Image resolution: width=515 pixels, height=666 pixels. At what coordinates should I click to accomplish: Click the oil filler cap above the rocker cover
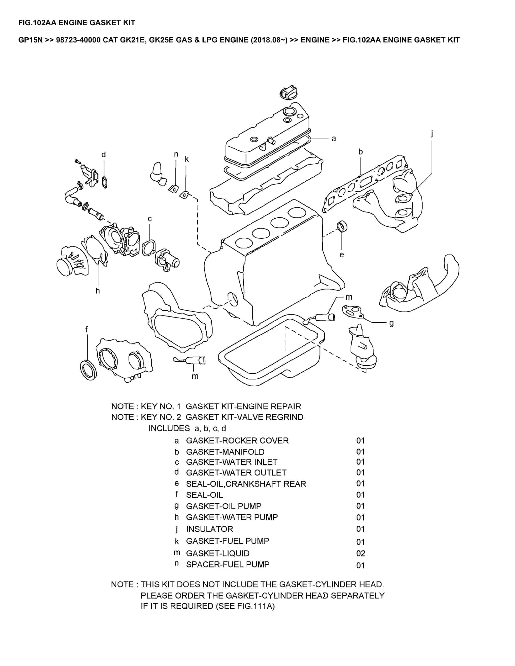[x=287, y=92]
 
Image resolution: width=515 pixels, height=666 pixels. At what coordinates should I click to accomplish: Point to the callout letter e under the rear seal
[x=342, y=254]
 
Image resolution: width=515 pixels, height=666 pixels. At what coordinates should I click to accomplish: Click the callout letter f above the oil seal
[x=86, y=329]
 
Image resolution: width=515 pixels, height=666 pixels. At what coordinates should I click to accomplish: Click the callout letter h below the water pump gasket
[x=98, y=291]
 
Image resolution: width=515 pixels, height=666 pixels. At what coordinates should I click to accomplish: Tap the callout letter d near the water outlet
[x=104, y=155]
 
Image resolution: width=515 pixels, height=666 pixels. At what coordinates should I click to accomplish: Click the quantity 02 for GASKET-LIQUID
[x=360, y=554]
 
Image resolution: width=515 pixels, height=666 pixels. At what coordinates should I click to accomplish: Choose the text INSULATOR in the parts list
[x=209, y=529]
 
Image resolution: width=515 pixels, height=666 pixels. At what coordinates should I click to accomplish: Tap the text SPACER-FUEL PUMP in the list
[x=228, y=564]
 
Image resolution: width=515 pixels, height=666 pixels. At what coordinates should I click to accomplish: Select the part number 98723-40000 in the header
[x=78, y=40]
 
